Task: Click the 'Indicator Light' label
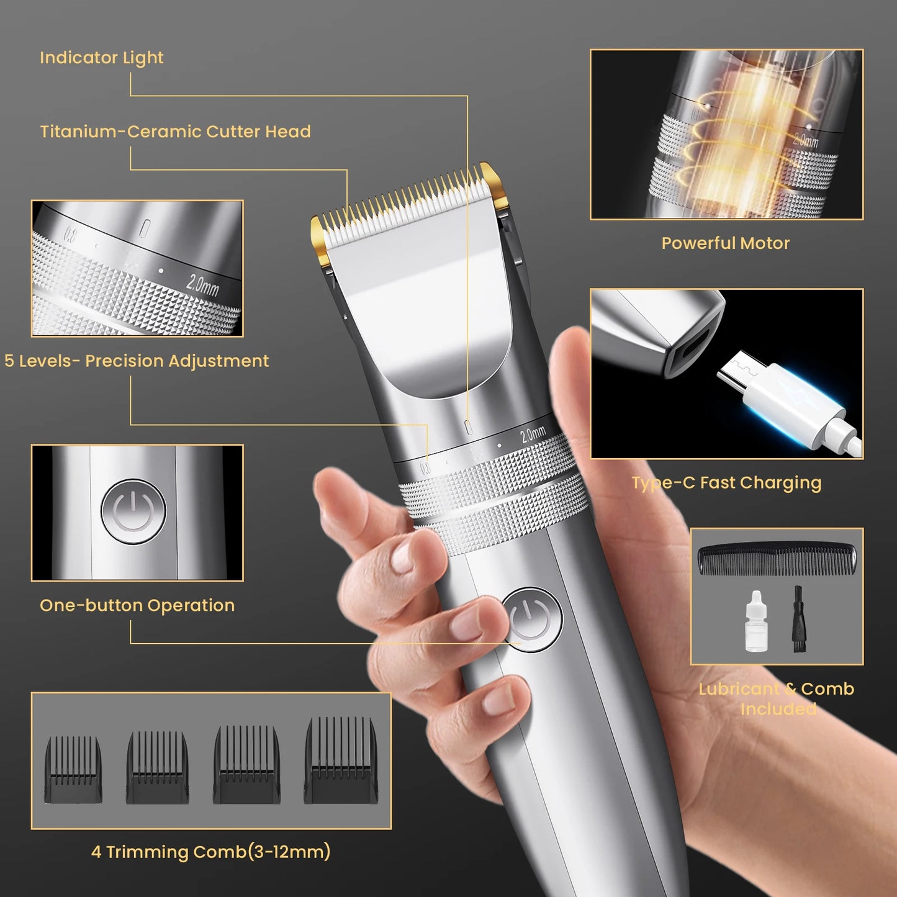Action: [x=101, y=58]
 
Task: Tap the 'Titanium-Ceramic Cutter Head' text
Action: [x=175, y=132]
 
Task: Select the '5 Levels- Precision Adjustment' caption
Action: [x=137, y=361]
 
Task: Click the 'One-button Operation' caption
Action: [x=137, y=605]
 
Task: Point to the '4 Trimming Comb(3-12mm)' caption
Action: [x=210, y=851]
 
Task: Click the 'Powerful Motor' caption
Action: [x=726, y=243]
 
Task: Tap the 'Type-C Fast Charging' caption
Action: [x=726, y=482]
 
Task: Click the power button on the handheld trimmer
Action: [x=531, y=619]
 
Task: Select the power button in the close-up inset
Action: [x=133, y=512]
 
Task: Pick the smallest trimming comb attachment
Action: [x=73, y=769]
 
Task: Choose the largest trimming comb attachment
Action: [x=341, y=760]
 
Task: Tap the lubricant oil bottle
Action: [x=755, y=623]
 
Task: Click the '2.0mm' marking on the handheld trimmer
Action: [x=533, y=433]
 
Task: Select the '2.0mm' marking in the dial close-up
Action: [x=202, y=285]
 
